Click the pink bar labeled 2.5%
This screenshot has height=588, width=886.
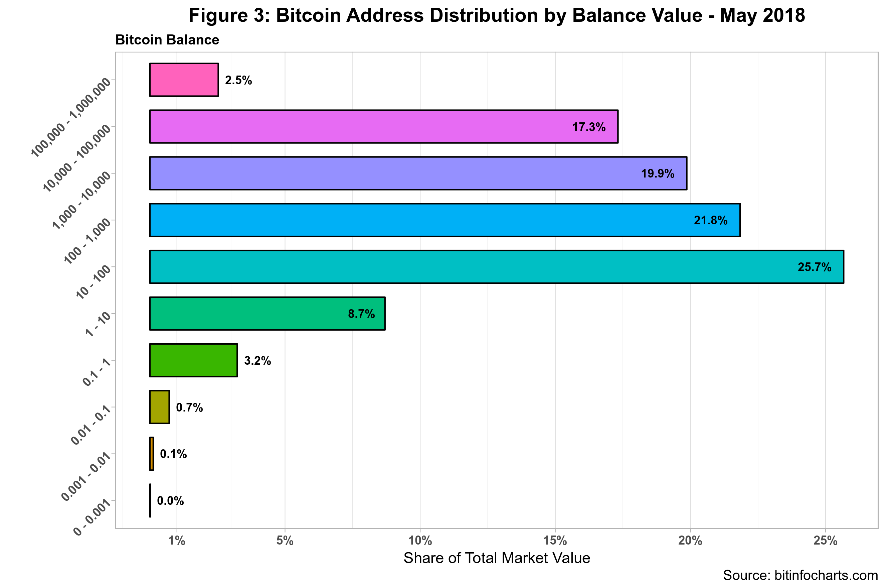(x=184, y=80)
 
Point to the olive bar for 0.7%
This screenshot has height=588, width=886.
(x=159, y=407)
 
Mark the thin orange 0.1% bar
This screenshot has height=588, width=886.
(x=151, y=454)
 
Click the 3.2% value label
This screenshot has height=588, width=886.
(x=257, y=361)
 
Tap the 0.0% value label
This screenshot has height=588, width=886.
(x=170, y=501)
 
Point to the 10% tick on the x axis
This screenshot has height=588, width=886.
(x=420, y=541)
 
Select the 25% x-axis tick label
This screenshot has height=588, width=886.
(x=825, y=541)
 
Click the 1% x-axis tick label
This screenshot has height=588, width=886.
(x=177, y=541)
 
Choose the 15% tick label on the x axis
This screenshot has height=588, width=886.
(x=555, y=541)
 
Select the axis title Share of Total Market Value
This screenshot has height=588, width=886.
(x=496, y=558)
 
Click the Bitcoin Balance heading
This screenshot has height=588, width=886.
(x=167, y=40)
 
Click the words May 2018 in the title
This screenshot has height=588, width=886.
(x=762, y=16)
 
